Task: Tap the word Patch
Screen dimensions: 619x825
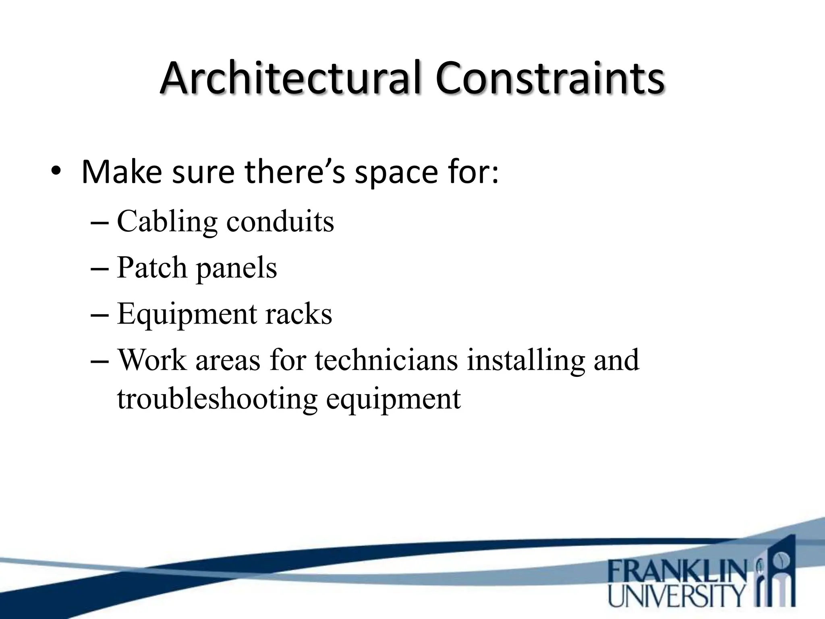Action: (x=152, y=268)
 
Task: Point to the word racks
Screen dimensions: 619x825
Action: (x=298, y=314)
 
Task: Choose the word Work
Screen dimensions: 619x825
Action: (x=152, y=360)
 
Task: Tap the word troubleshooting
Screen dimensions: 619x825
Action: (x=217, y=399)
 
